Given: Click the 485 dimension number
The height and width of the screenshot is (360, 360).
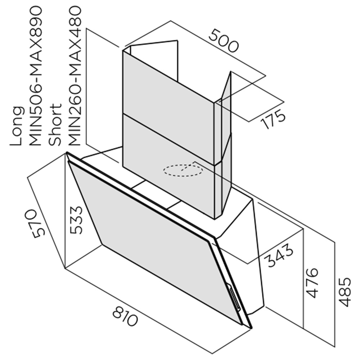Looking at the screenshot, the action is (345, 292).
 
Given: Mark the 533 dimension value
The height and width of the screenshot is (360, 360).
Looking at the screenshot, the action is (76, 220).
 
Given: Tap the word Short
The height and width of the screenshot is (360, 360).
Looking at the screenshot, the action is (55, 125).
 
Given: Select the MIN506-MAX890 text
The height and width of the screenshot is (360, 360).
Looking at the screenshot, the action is (36, 76).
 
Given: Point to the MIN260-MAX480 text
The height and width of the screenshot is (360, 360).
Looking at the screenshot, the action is (75, 76).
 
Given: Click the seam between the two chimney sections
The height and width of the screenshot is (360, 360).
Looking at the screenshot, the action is (169, 139).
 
